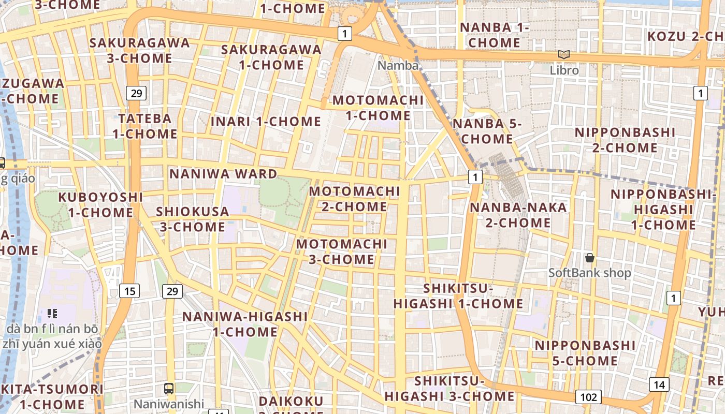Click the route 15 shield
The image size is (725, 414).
coord(129,291)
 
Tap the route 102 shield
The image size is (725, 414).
coord(588,397)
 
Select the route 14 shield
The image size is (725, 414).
coord(659,385)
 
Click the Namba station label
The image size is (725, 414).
coord(398,66)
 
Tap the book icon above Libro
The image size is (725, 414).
coord(563,54)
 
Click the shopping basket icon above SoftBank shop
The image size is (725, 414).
coord(589,257)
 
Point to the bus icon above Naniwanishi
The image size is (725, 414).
coord(169,389)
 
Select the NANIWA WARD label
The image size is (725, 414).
coord(223,174)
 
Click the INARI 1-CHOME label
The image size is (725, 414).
coord(266,122)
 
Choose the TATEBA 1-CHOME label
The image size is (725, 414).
coord(145,126)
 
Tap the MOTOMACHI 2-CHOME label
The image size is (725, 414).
coord(355,199)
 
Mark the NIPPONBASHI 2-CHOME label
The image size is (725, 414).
coord(625,140)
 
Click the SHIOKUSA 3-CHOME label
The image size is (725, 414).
coord(192,219)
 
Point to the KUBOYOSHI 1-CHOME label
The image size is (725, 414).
coord(100,204)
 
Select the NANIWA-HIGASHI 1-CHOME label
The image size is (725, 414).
coord(245,324)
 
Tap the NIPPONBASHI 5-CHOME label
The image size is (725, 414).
coord(585,353)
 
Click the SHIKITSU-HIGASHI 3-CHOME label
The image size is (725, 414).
coord(450,389)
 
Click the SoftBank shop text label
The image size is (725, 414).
coord(590,273)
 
